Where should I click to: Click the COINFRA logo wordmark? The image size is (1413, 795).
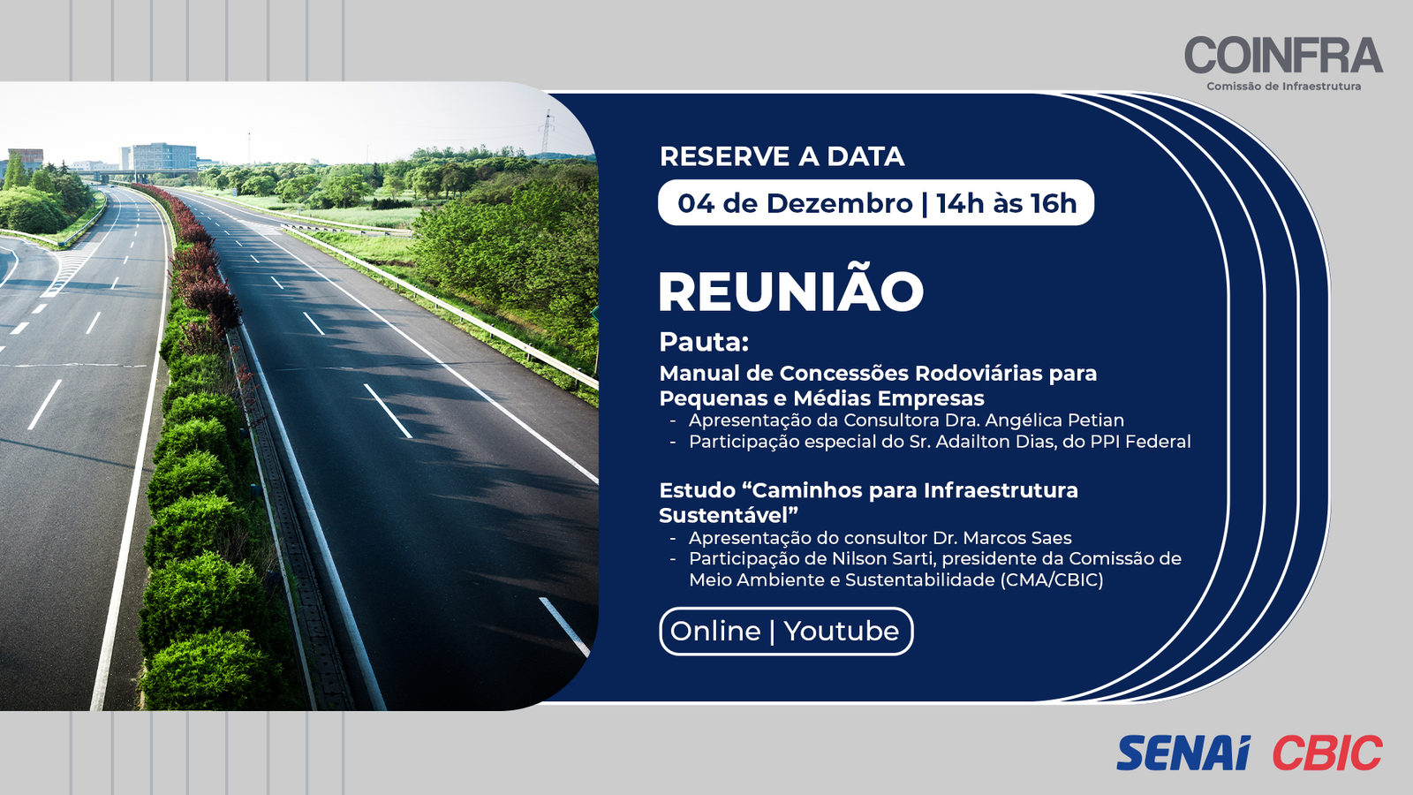(x=1284, y=55)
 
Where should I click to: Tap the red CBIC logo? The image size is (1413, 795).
(x=1327, y=753)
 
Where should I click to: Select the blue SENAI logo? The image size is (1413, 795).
(x=1183, y=753)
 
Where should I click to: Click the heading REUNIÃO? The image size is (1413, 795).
(x=791, y=291)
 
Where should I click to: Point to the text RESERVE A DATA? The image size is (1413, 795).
(x=782, y=156)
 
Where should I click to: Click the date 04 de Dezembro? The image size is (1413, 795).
(x=795, y=203)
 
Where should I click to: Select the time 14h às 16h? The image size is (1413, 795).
(x=1007, y=203)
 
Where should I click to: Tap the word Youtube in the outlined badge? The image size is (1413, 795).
(x=842, y=631)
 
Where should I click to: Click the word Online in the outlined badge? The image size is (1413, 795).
(x=715, y=631)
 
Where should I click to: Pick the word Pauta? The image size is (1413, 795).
(x=704, y=342)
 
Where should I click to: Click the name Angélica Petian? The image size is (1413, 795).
(x=1054, y=420)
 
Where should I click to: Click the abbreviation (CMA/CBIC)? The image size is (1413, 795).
(x=1052, y=579)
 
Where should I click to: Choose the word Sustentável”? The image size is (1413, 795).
(x=729, y=516)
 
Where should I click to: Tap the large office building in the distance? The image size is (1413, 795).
(x=158, y=155)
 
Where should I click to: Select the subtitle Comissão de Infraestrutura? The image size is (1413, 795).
(x=1284, y=87)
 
